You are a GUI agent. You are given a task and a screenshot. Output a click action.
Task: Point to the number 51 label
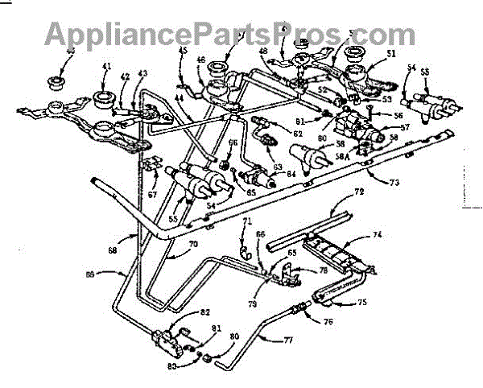(x=392, y=54)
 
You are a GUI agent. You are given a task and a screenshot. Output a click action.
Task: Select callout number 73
(x=393, y=183)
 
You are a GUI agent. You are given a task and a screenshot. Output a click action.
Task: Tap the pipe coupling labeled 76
(x=301, y=307)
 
